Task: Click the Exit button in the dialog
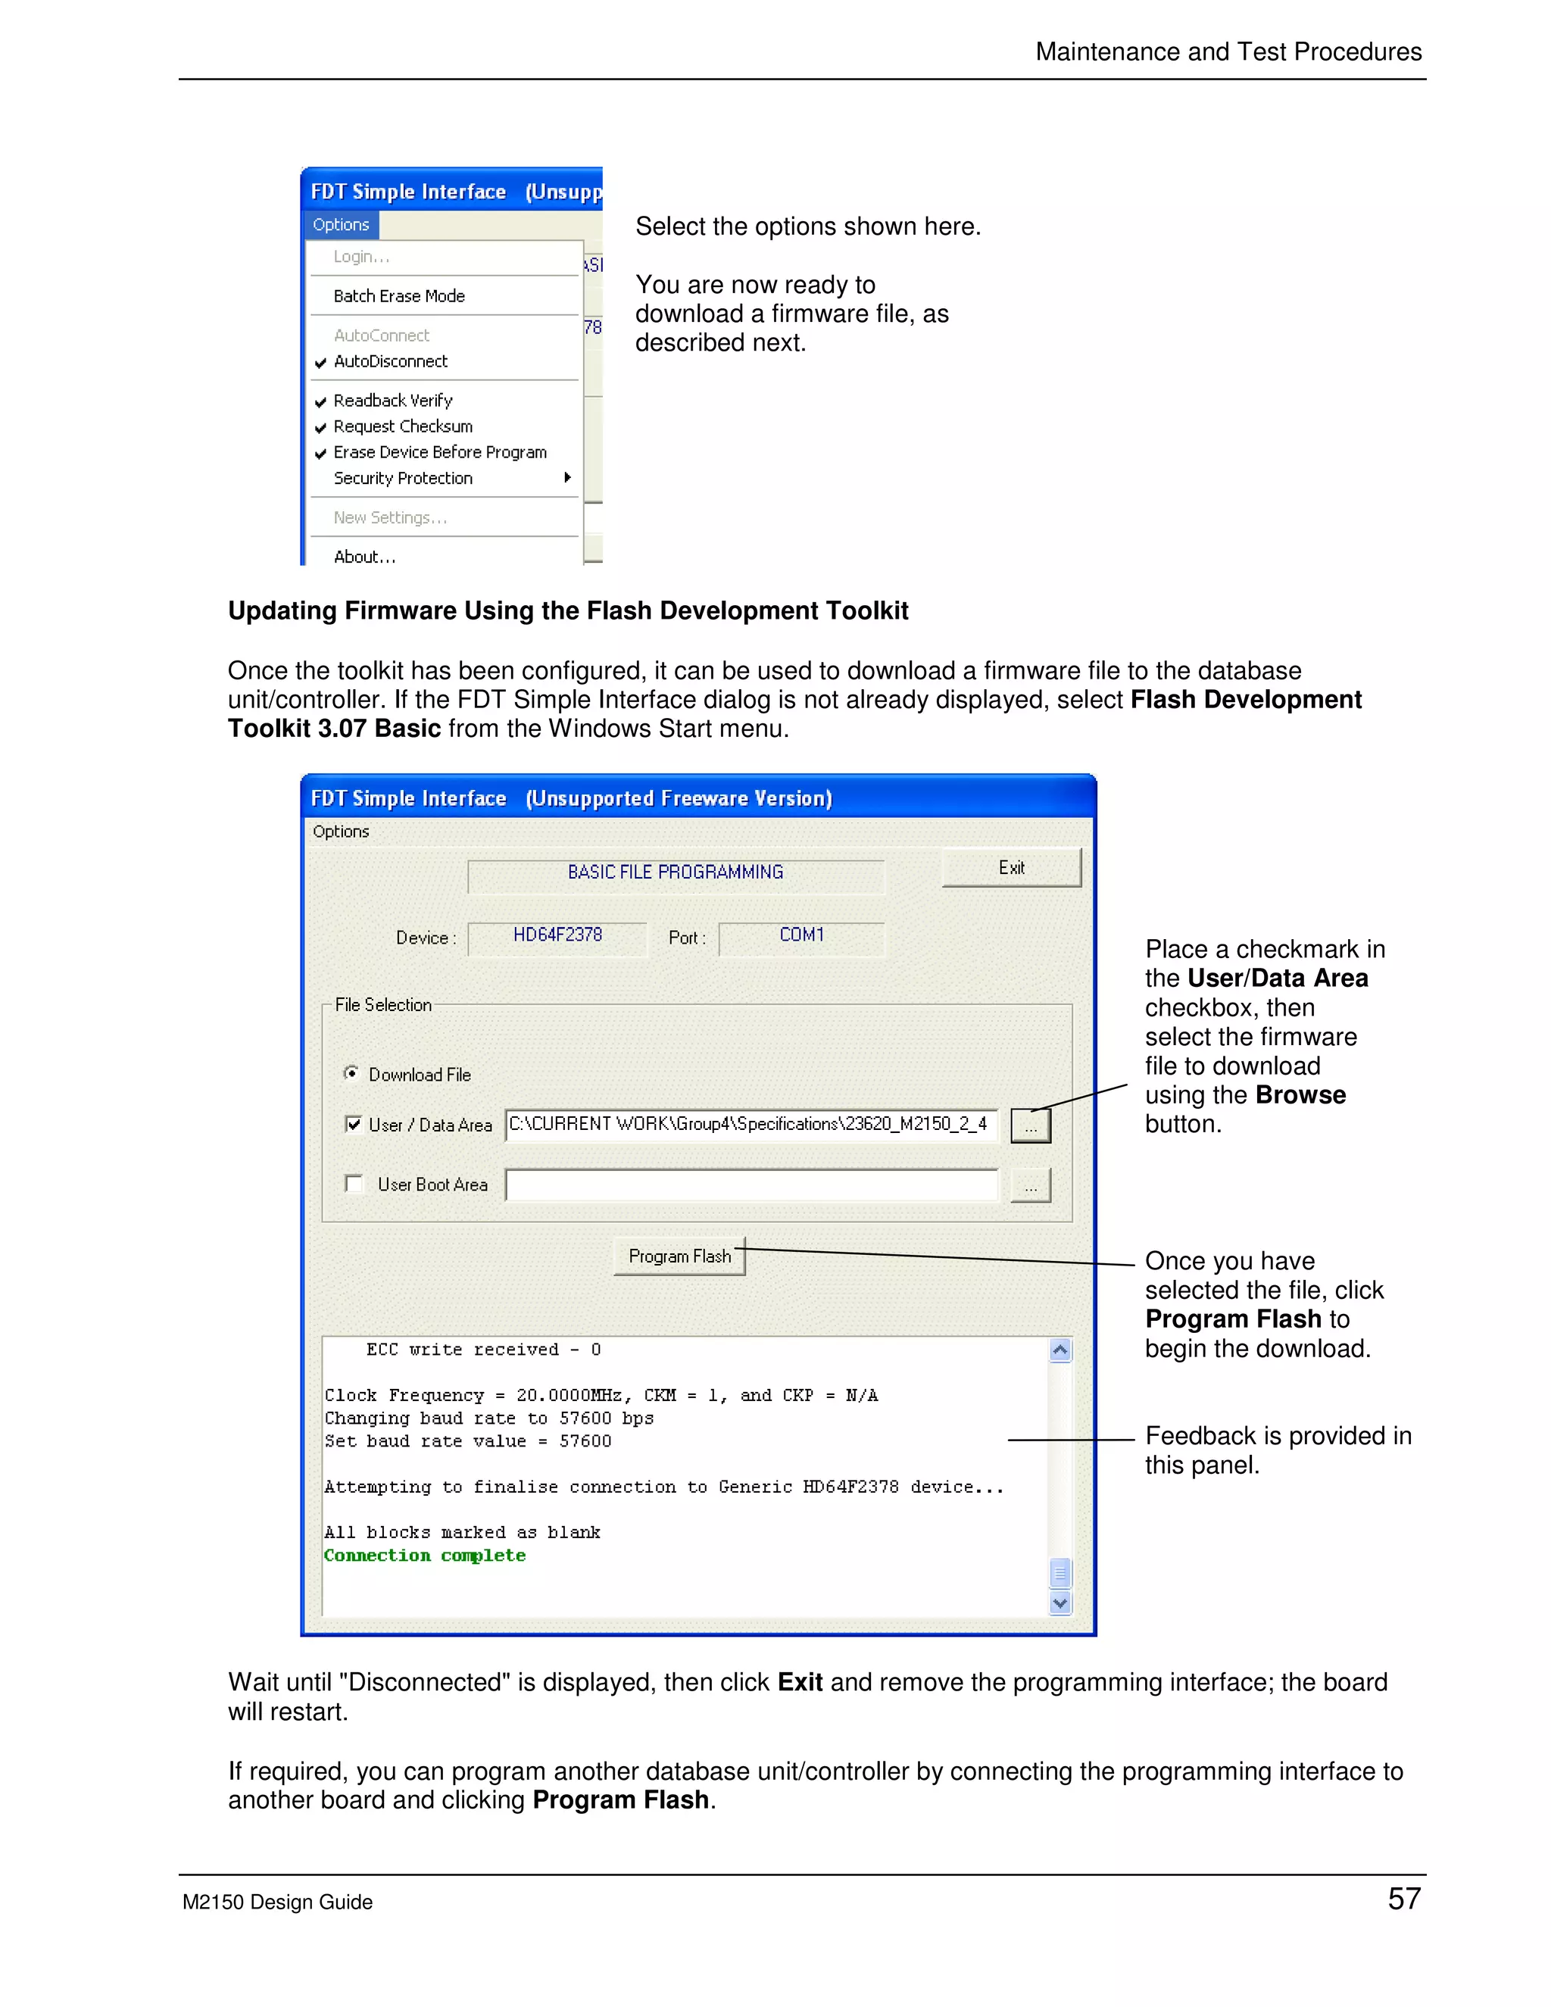coord(1011,867)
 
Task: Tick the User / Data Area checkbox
coord(354,1124)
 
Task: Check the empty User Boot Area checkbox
coord(354,1184)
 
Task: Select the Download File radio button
coord(351,1073)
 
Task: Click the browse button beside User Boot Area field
coord(1030,1185)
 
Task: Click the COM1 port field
coord(801,935)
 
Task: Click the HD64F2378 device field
coord(557,935)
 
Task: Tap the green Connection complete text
coord(425,1556)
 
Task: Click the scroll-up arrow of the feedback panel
coord(1059,1350)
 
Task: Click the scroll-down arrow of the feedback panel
coord(1059,1603)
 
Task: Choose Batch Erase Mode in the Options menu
coord(399,296)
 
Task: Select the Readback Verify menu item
coord(392,401)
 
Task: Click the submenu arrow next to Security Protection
coord(567,478)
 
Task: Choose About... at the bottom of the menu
coord(365,557)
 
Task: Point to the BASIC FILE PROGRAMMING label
coord(676,872)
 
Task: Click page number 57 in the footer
coord(1403,1899)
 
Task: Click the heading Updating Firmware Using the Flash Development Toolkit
coord(568,611)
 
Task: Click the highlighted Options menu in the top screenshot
coord(341,225)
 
